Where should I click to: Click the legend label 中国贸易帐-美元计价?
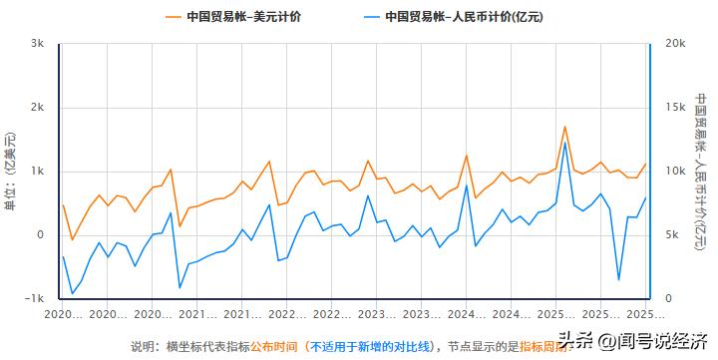coord(244,16)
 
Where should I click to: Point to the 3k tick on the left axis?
coord(38,44)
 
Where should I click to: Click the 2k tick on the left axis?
coord(38,108)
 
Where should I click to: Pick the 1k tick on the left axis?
coord(38,172)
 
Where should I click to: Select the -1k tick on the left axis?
coord(36,299)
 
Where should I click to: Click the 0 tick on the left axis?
coord(41,235)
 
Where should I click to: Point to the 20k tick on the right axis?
coord(673,44)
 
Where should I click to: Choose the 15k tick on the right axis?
coord(673,108)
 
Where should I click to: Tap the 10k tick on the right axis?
coord(673,172)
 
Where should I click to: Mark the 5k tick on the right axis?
coord(670,235)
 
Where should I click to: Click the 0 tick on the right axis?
coord(667,299)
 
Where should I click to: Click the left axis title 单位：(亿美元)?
coord(11,172)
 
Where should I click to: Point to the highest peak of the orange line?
coord(564,127)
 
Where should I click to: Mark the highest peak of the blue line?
coord(564,143)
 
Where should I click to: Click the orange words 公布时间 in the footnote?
coord(273,346)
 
